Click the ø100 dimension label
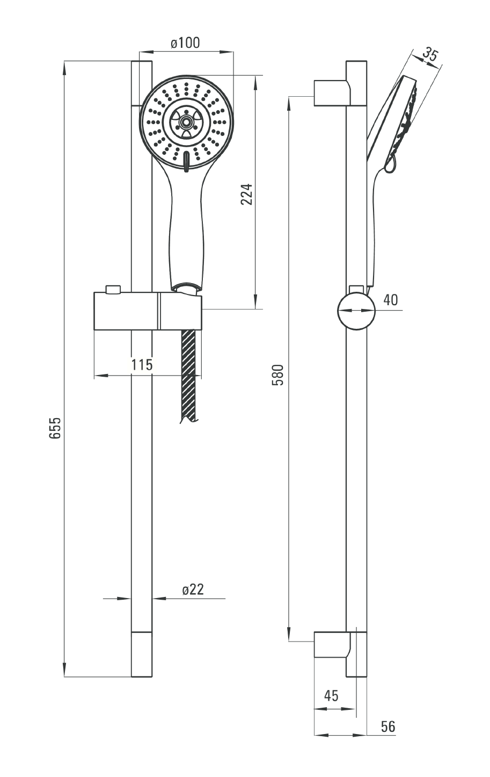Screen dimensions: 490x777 pos(185,43)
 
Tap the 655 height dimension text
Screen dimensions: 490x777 pos(55,428)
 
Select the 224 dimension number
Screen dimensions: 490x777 pos(246,195)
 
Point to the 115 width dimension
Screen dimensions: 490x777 pos(142,364)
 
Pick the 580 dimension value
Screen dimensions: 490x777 pos(278,375)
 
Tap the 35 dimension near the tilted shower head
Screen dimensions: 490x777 pos(430,55)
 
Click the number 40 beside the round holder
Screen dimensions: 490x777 pos(391,300)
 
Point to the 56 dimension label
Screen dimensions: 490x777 pos(388,726)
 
